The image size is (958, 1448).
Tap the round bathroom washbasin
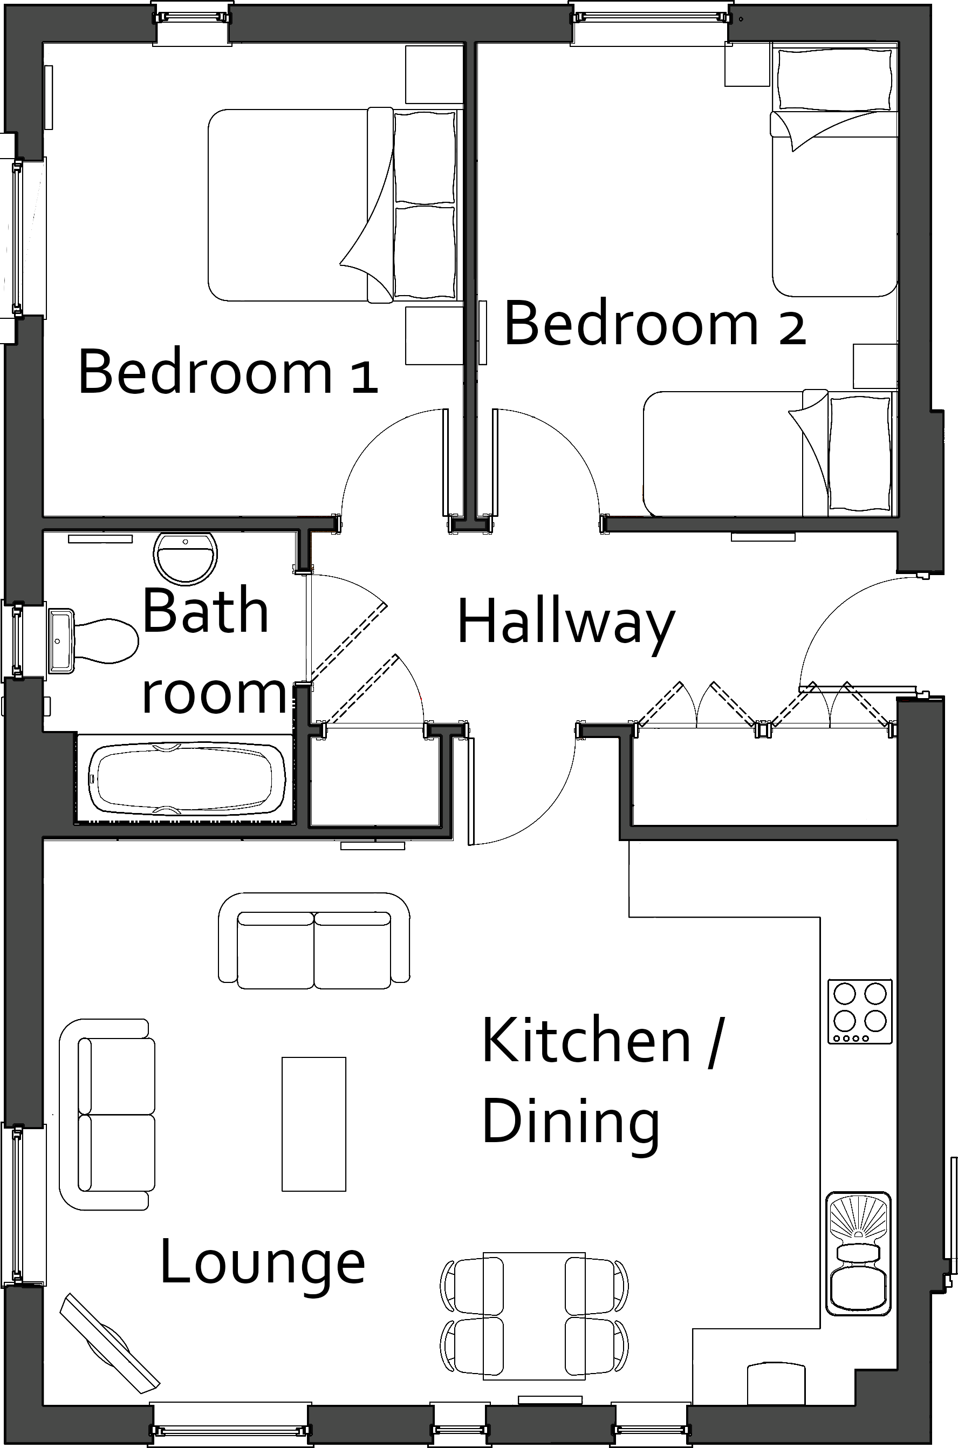[186, 557]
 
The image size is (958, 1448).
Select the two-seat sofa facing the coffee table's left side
[107, 1115]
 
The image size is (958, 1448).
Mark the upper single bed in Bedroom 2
[834, 174]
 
